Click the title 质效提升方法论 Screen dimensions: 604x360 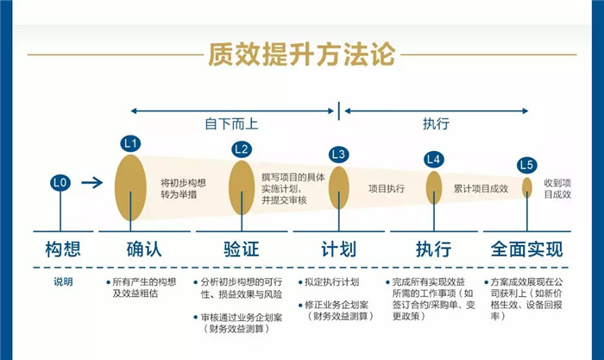click(302, 54)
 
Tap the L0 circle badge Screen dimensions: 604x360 click(60, 182)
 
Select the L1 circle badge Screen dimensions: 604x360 click(130, 144)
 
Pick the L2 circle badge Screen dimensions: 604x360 click(242, 149)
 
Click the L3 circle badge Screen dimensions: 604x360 click(338, 155)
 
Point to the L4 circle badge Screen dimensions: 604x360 click(434, 160)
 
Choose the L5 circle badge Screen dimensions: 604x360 click(526, 165)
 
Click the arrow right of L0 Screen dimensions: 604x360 click(92, 182)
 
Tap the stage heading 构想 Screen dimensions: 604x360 click(63, 249)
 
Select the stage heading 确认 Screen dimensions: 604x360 click(144, 249)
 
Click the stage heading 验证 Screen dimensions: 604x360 click(242, 249)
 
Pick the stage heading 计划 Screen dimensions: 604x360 click(338, 249)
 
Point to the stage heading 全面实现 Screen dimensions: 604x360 click(527, 249)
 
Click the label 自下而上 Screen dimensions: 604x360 click(231, 124)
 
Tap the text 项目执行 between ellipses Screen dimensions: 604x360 click(387, 188)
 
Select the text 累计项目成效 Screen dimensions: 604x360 click(481, 188)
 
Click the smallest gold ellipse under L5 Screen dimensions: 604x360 click(527, 187)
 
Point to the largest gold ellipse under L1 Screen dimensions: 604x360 click(130, 187)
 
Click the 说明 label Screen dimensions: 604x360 click(63, 281)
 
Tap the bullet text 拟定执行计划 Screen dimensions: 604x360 click(331, 282)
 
